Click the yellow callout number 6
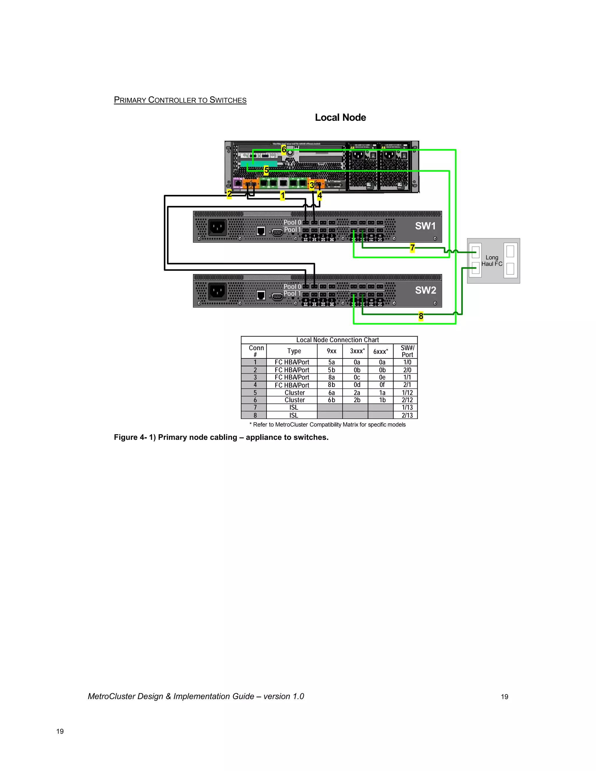(x=283, y=150)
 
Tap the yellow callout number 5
(x=266, y=170)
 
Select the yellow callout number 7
(x=412, y=248)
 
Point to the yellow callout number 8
(x=421, y=316)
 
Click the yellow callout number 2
(x=229, y=194)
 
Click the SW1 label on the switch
(x=425, y=226)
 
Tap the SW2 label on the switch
(x=425, y=290)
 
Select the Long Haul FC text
(x=492, y=260)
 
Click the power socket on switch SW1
(x=217, y=227)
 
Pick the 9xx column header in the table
(x=331, y=351)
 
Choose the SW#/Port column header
(x=407, y=351)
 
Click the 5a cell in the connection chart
(x=331, y=362)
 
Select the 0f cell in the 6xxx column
(x=382, y=385)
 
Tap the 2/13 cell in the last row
(x=407, y=415)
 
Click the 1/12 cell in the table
(x=407, y=392)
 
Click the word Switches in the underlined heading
(x=228, y=100)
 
